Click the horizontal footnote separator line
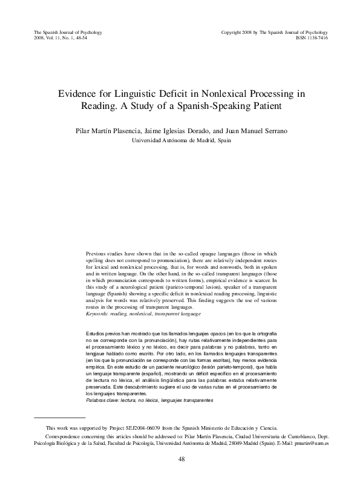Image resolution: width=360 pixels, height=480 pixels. coord(59,417)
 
